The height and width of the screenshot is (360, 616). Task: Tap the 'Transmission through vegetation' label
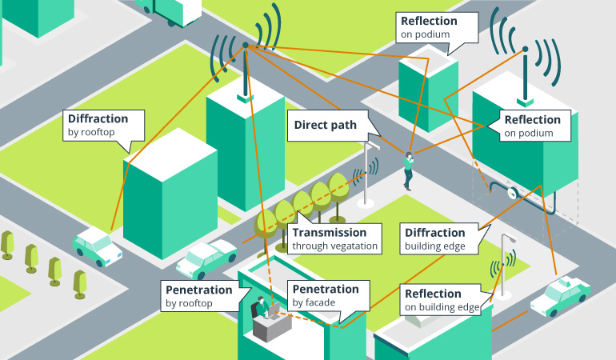(x=334, y=239)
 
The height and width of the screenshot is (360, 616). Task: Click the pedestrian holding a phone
(x=409, y=170)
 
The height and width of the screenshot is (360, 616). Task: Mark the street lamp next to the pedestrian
(x=368, y=172)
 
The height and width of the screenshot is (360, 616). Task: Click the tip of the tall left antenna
(x=245, y=44)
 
